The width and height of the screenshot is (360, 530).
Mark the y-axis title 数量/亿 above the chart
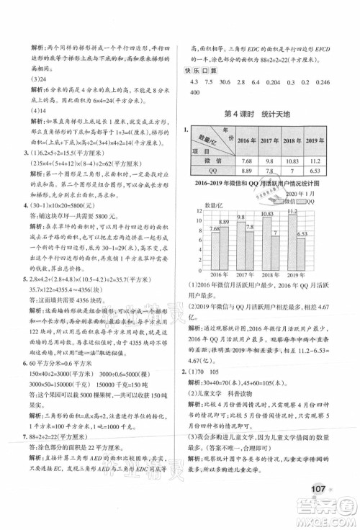click(204, 205)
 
